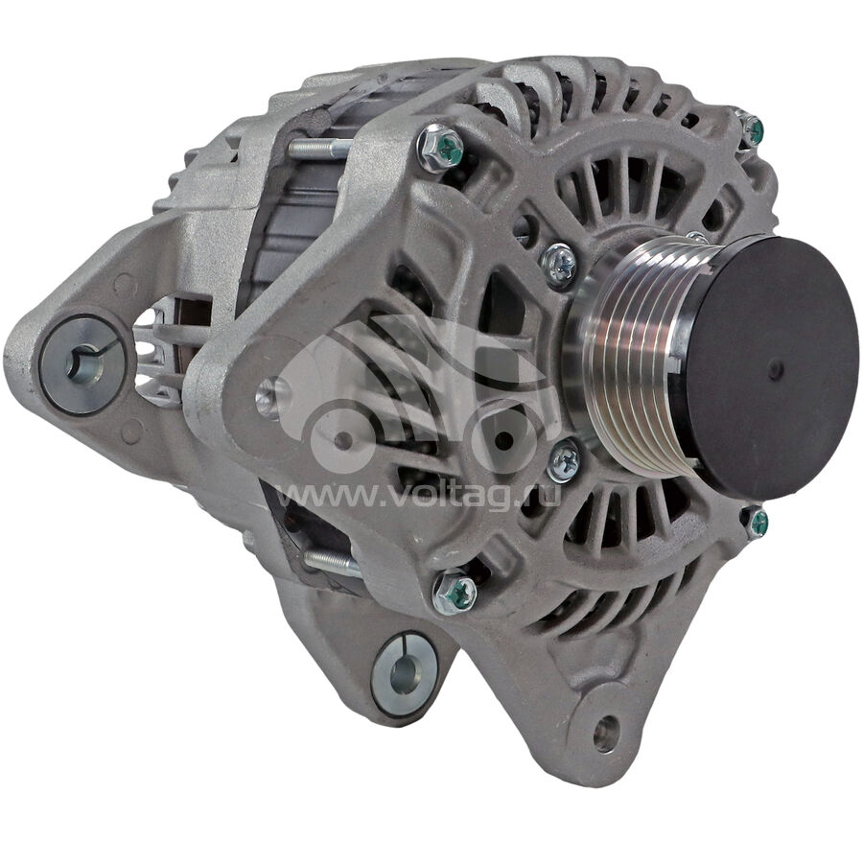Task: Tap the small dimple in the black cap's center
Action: click(775, 367)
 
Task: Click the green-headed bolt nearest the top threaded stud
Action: click(441, 147)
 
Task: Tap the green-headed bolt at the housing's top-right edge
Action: click(752, 129)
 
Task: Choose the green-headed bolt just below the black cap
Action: click(756, 521)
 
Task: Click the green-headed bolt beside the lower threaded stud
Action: click(455, 593)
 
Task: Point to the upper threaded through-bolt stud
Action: click(319, 149)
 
